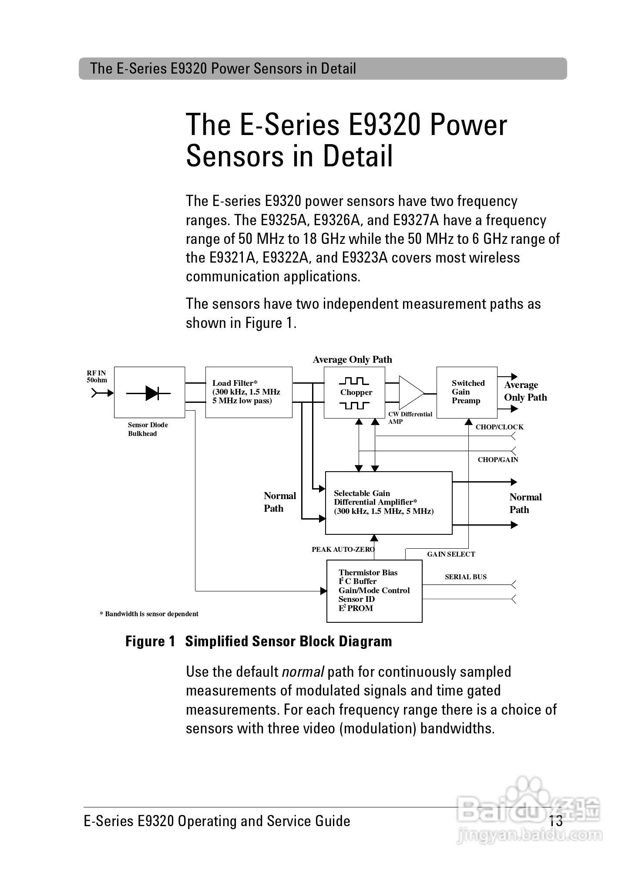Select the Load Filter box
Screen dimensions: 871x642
(249, 392)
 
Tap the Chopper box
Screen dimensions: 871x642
(354, 392)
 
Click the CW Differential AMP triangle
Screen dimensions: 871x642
(410, 393)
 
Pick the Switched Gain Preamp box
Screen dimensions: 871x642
(467, 392)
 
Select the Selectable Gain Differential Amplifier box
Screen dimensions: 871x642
(389, 503)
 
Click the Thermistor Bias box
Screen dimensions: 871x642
(374, 591)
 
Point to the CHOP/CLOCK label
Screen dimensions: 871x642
(499, 427)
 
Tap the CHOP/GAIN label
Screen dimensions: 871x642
(498, 460)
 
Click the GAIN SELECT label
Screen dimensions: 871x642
(451, 554)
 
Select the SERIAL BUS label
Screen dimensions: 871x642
(466, 577)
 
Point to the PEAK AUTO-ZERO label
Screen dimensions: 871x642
(343, 550)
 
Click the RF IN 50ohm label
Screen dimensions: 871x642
(97, 376)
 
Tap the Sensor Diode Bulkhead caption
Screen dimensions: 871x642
(148, 429)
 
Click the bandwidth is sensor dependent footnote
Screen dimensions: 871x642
(149, 614)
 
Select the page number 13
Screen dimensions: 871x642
(556, 821)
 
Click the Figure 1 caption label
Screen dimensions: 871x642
(150, 641)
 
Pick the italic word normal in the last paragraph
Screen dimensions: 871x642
(303, 672)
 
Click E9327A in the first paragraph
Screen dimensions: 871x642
(416, 220)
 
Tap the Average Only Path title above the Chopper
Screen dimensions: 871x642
(353, 360)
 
